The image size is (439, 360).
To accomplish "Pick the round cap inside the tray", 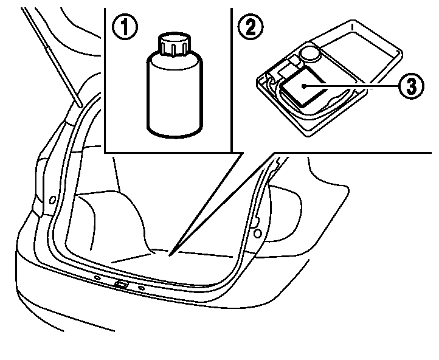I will tap(311, 53).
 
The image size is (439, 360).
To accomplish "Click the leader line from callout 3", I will tap(353, 86).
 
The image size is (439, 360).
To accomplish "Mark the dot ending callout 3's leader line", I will tap(305, 86).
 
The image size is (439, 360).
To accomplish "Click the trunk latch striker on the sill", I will tap(121, 284).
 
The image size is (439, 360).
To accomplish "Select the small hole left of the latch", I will tap(97, 279).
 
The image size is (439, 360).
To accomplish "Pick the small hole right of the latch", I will tap(142, 287).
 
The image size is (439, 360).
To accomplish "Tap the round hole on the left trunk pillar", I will tap(52, 199).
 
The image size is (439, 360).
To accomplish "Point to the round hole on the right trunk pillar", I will tap(258, 233).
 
